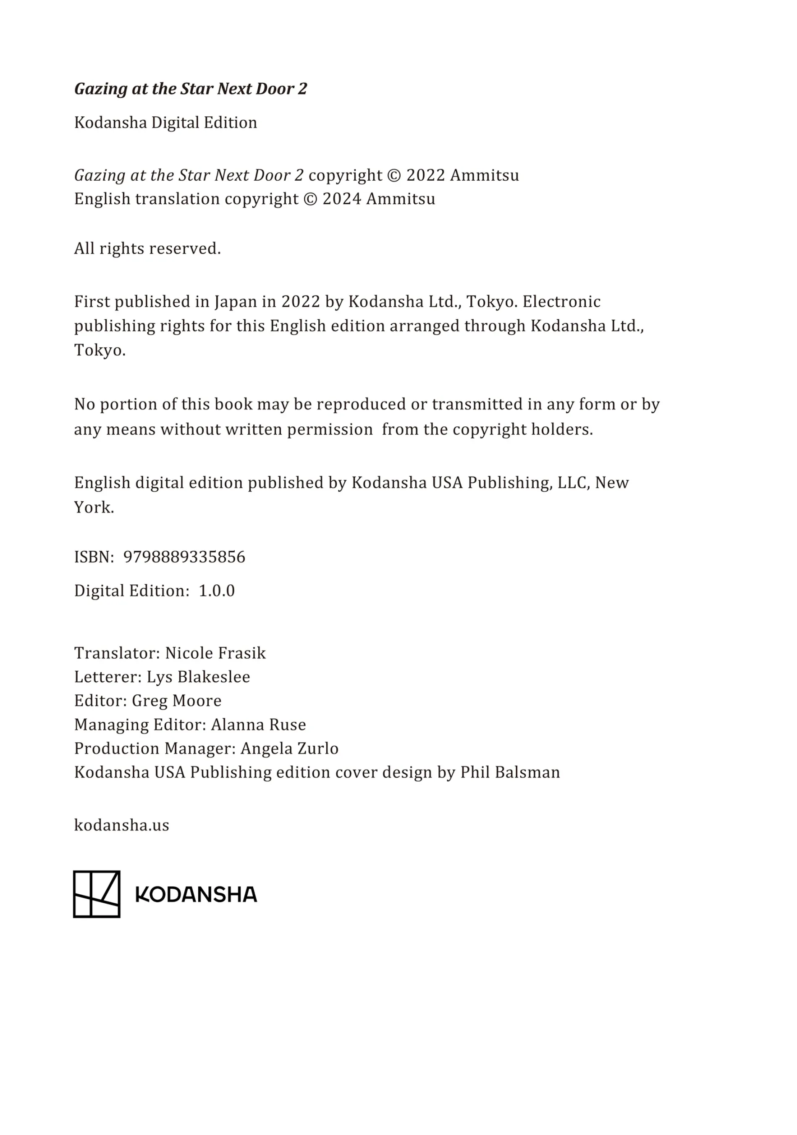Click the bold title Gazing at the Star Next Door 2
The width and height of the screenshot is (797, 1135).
pyautogui.click(x=190, y=89)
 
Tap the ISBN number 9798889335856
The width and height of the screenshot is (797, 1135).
pyautogui.click(x=184, y=557)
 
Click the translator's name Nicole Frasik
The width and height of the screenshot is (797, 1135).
pyautogui.click(x=215, y=653)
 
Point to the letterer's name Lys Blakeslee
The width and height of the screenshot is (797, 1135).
pyautogui.click(x=198, y=677)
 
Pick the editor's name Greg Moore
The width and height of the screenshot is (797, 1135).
pyautogui.click(x=176, y=701)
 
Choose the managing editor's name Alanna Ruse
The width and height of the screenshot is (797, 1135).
pyautogui.click(x=258, y=725)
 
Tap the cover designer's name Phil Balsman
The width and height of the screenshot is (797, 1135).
pyautogui.click(x=510, y=772)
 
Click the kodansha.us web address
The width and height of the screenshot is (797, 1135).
pyautogui.click(x=121, y=825)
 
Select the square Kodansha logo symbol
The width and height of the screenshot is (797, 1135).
pyautogui.click(x=97, y=894)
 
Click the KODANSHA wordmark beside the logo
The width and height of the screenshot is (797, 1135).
pyautogui.click(x=196, y=895)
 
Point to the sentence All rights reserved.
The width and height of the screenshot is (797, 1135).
pyautogui.click(x=147, y=248)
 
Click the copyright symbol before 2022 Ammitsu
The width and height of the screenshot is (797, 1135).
pyautogui.click(x=394, y=176)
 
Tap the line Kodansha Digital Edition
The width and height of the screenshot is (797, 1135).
pyautogui.click(x=165, y=123)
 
